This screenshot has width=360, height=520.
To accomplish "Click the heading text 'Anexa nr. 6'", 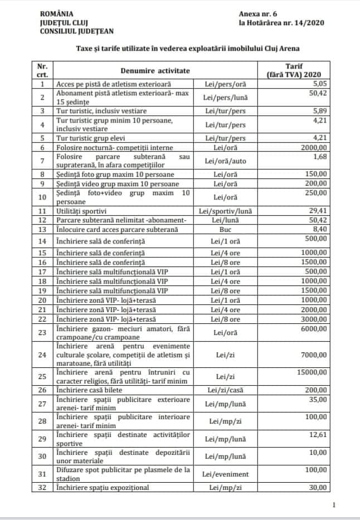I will tap(257, 13).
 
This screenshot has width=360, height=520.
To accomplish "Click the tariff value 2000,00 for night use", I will tap(314, 148).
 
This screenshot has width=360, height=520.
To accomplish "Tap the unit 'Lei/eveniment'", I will tap(226, 474).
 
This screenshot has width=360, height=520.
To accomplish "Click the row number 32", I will tap(42, 488).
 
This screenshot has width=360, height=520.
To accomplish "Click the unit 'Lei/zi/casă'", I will tap(226, 390).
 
